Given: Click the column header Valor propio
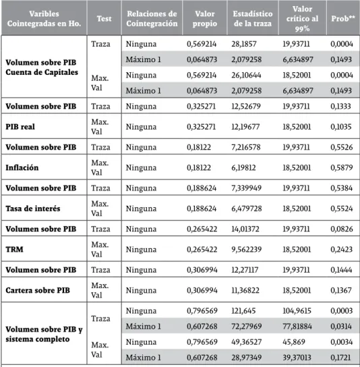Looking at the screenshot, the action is coord(205,18).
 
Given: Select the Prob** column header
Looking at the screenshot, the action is coord(342,18).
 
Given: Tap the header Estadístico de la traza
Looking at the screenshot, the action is coord(253,18).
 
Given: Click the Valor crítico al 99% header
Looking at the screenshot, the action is coord(302,19).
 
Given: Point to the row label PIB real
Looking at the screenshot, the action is coord(20,127).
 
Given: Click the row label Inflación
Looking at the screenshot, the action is coord(22,167).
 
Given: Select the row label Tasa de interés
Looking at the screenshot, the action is coord(33,208).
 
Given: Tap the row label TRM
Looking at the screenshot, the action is coord(15,249).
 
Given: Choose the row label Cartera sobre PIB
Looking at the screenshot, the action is coord(38,290).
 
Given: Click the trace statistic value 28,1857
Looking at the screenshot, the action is coord(244,44).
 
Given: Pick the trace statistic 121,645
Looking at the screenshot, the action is coord(243,311).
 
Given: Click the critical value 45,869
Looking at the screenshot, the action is coord(294,342).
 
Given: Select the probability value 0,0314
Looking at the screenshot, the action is coord(341,327).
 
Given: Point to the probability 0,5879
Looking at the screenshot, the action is coord(342,167).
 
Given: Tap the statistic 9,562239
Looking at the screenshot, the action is coord(247,249).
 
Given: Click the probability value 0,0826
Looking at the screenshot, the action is coord(342,229).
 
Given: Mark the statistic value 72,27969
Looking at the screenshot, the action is coord(247,327).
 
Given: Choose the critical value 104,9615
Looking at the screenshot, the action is coord(297,311).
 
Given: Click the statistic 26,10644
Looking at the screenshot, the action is coord(246,75).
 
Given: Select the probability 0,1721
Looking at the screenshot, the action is coord(340,358).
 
